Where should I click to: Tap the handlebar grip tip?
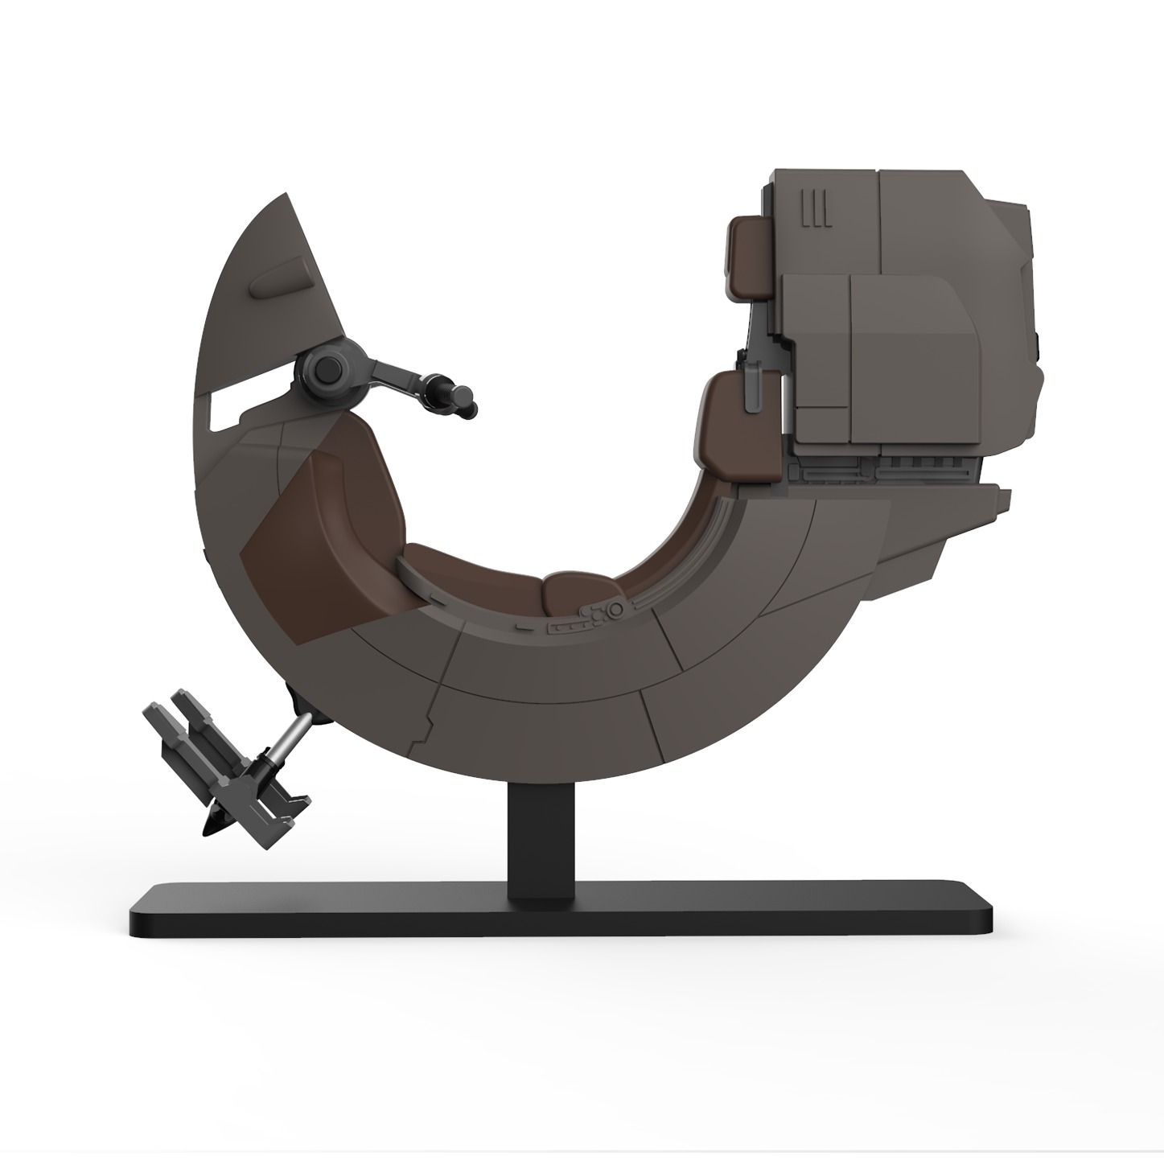tap(466, 402)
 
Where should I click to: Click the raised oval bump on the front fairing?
tap(278, 279)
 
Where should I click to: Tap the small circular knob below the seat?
tap(617, 613)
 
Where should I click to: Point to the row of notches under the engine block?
tap(909, 467)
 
